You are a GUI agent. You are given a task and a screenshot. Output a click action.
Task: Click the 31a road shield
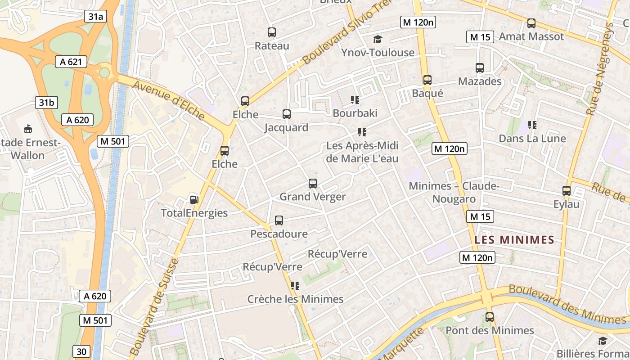(x=95, y=17)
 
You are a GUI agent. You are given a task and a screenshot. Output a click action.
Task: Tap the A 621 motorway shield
(x=71, y=62)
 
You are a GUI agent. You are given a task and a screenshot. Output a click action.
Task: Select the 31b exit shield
(x=46, y=103)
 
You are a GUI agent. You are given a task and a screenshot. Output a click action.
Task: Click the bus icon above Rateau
(x=272, y=32)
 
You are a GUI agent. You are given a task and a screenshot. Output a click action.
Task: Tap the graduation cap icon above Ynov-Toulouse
(x=378, y=40)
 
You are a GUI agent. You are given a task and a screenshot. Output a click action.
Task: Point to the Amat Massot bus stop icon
(x=531, y=23)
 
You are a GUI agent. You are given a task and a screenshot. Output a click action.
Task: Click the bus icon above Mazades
(x=480, y=68)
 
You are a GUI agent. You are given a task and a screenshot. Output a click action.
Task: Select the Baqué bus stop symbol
(x=427, y=80)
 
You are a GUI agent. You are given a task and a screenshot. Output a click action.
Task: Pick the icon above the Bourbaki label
(x=355, y=100)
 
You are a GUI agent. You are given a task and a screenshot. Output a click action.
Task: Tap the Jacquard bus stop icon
(x=287, y=114)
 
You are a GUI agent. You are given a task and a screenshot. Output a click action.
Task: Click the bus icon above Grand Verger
(x=313, y=184)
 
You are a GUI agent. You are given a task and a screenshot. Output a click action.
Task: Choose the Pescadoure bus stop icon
(x=279, y=220)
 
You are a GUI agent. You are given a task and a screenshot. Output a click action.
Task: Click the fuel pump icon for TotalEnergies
(x=194, y=200)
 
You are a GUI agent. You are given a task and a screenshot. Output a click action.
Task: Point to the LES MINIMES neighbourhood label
(x=514, y=240)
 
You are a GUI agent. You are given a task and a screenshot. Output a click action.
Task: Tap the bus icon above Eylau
(x=567, y=191)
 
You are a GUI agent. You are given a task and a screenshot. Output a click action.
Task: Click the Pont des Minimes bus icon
(x=490, y=317)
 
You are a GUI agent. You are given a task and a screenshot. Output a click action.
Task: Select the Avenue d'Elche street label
(x=169, y=100)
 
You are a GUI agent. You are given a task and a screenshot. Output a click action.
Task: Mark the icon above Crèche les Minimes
(x=295, y=286)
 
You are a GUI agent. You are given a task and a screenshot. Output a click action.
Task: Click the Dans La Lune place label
(x=532, y=139)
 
